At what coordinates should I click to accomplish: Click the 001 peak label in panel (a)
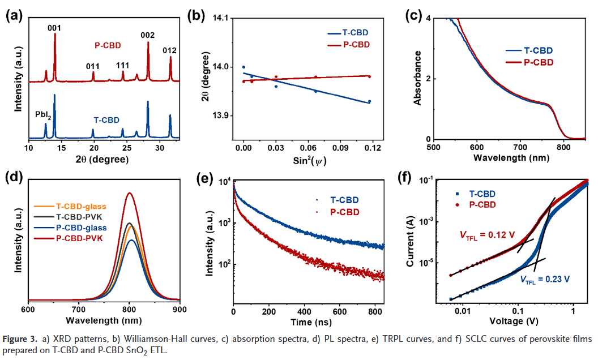(x=55, y=27)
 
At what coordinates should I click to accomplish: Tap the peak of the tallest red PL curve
(x=130, y=193)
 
